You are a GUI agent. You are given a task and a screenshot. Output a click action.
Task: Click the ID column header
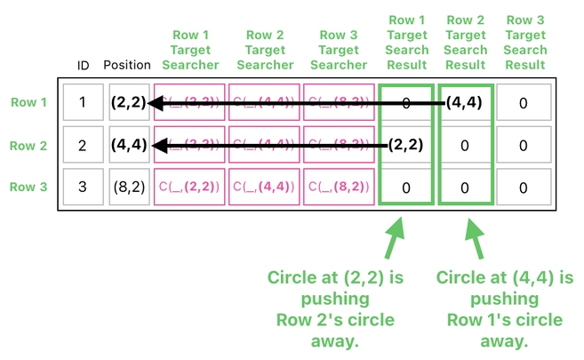83,65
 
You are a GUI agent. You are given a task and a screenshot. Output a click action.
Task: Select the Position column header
127,65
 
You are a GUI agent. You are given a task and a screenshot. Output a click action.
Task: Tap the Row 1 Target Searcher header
189,50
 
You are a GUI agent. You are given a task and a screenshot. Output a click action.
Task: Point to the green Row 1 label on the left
29,102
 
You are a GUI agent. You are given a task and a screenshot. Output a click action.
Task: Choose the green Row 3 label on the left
29,187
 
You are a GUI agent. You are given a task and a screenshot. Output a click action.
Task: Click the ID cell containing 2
83,145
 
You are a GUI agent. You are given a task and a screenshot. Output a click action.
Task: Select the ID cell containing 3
83,188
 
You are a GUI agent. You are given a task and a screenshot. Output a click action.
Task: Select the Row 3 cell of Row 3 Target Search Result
524,188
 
